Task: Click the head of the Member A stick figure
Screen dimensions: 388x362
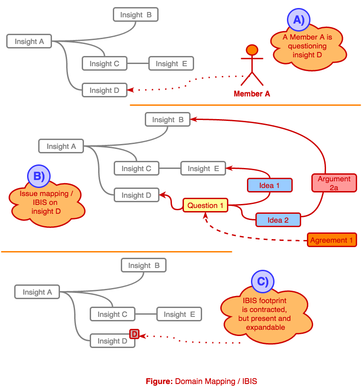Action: click(x=252, y=50)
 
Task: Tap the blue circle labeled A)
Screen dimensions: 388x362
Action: click(x=298, y=20)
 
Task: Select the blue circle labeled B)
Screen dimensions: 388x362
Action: click(x=39, y=176)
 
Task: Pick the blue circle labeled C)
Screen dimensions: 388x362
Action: click(x=263, y=281)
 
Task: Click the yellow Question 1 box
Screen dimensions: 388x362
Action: click(x=205, y=205)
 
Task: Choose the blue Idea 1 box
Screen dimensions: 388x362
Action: click(x=270, y=185)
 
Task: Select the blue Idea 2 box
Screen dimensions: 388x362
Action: click(x=278, y=220)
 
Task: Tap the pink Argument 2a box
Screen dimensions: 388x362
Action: click(x=334, y=183)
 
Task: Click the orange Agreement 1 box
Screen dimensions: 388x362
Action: click(x=332, y=240)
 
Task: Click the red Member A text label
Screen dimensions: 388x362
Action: click(x=252, y=94)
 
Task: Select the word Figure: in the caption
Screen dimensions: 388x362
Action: click(x=159, y=381)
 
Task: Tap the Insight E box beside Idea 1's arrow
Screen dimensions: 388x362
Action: click(x=203, y=168)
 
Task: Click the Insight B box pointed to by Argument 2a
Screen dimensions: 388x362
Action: click(x=167, y=120)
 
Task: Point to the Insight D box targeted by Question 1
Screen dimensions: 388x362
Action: click(x=136, y=195)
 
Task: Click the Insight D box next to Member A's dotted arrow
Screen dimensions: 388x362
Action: click(x=104, y=90)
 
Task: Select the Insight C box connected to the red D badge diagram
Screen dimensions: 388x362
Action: click(x=112, y=314)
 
